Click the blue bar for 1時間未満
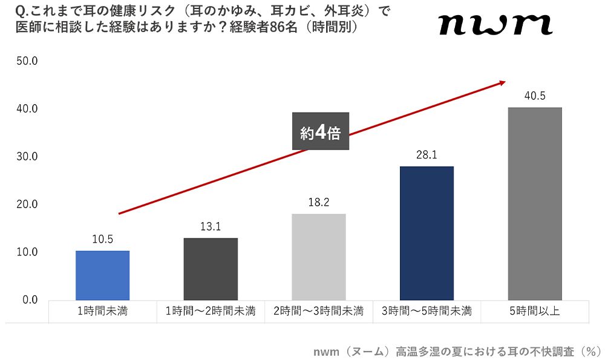pos(102,275)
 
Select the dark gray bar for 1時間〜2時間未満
pos(211,269)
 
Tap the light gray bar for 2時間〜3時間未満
pos(319,257)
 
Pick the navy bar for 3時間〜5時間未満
pos(427,233)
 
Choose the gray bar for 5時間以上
pos(535,203)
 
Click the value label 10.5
pos(102,239)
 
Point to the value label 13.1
pos(211,227)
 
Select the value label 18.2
pos(319,203)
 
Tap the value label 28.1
pos(427,155)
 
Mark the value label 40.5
pos(535,96)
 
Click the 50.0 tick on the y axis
pos(27,61)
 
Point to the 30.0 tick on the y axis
pos(27,156)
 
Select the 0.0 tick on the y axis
pos(29,299)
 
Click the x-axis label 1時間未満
pos(102,312)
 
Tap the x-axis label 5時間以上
pos(535,312)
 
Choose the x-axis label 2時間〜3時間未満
pos(319,312)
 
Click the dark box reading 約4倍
pos(321,131)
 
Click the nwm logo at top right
pos(495,25)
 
